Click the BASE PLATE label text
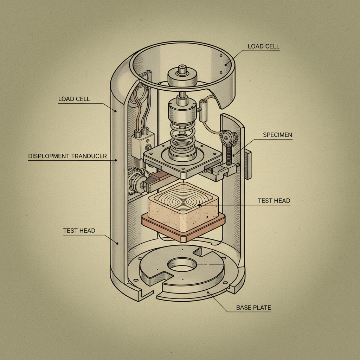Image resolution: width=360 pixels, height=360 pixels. pyautogui.click(x=253, y=308)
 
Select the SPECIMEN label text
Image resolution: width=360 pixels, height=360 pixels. pyautogui.click(x=277, y=135)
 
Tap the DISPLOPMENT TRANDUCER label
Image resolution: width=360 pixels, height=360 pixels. pyautogui.click(x=67, y=156)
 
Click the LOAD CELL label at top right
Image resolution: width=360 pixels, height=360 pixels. pyautogui.click(x=263, y=46)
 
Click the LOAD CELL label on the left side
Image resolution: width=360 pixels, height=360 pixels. pyautogui.click(x=74, y=99)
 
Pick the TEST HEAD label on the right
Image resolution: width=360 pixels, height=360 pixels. pyautogui.click(x=274, y=201)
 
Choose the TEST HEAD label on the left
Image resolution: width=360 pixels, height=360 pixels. pyautogui.click(x=79, y=231)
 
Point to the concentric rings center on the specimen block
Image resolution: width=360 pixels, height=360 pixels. pyautogui.click(x=183, y=202)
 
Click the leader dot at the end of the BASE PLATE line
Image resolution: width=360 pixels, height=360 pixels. pyautogui.click(x=208, y=292)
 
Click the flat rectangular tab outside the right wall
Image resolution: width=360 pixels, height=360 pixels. pyautogui.click(x=248, y=164)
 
